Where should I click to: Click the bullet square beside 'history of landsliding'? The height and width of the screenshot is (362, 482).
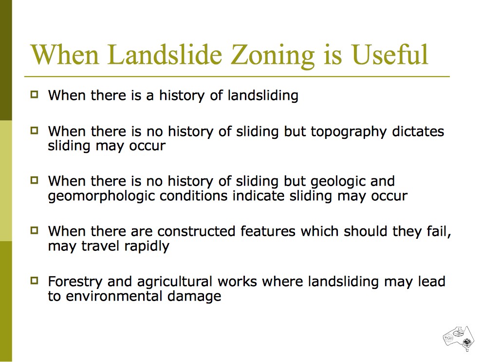point(35,94)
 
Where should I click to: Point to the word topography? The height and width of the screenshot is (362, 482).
point(348,132)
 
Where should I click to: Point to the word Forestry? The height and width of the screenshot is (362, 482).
point(75,282)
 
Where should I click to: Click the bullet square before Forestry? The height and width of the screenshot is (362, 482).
point(35,280)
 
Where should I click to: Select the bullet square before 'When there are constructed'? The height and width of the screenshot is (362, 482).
point(35,230)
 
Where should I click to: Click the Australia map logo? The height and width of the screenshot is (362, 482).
point(459,338)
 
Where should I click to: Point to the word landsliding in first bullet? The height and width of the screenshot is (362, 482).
point(263,95)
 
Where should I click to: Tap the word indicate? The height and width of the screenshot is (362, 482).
point(259,195)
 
